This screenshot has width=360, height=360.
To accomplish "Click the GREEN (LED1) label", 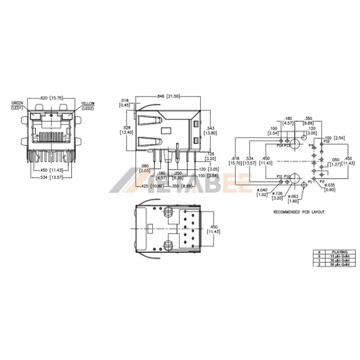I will click(x=16, y=106).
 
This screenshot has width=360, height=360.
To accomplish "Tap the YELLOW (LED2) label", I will click(x=88, y=106).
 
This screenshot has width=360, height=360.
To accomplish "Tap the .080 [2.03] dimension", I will click(x=144, y=168).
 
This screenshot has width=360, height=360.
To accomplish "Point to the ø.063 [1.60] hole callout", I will click(x=293, y=199).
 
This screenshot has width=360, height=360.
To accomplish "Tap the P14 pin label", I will click(x=280, y=146).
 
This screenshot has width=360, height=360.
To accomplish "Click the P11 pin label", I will click(x=280, y=177).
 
